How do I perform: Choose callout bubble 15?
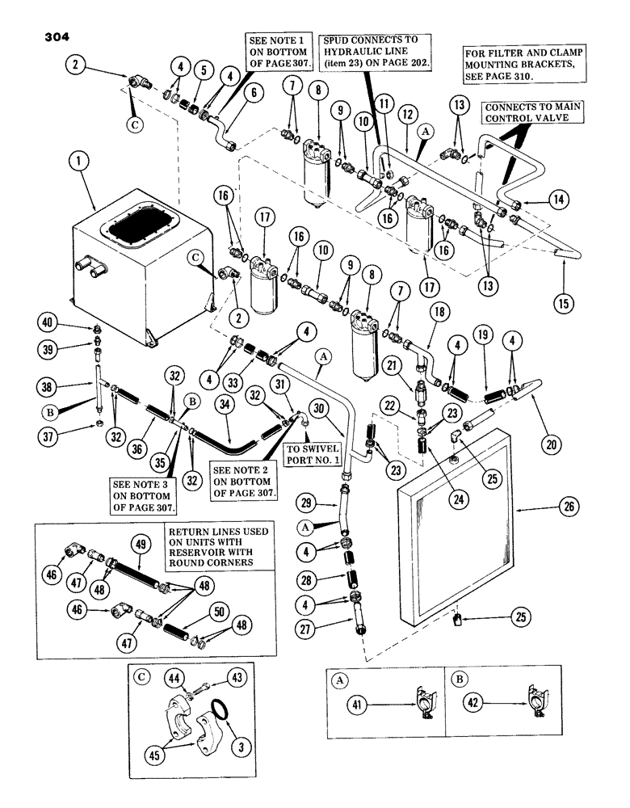coord(560,305)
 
